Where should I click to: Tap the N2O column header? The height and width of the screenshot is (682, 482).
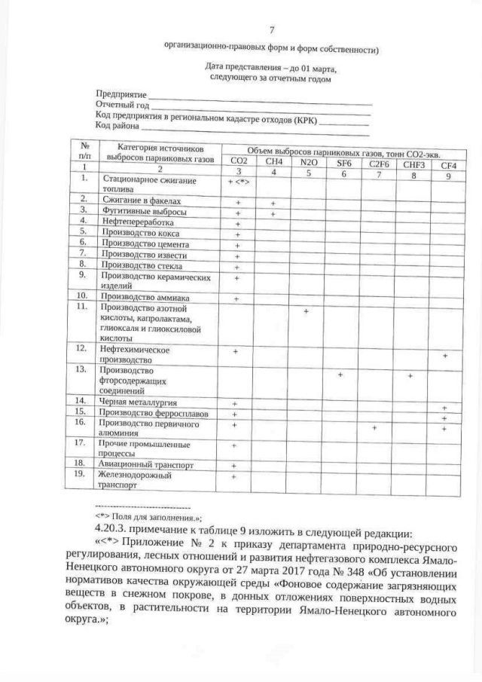pos(308,161)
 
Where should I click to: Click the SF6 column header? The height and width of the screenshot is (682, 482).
pos(343,162)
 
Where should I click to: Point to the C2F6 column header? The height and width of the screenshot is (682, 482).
pos(379,164)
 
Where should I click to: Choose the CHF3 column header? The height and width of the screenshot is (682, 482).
pos(413,164)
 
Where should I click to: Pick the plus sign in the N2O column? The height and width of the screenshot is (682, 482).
pos(307,311)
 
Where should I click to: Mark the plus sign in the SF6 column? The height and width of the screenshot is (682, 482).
pos(341,375)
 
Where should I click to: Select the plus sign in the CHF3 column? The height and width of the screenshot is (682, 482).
pos(410,375)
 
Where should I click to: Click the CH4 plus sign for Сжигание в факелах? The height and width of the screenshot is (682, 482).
pos(273,203)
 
